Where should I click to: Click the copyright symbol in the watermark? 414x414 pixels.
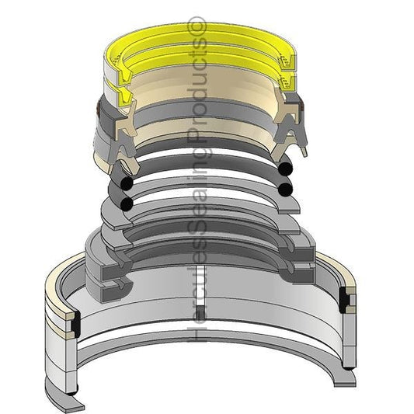point(196,26)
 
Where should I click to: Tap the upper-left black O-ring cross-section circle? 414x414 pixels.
point(127,183)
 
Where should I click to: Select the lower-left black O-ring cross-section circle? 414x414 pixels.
point(127,204)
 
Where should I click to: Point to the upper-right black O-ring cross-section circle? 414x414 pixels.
point(285,169)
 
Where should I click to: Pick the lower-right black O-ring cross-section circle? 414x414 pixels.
point(285,190)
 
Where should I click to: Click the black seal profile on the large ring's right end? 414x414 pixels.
point(344,300)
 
